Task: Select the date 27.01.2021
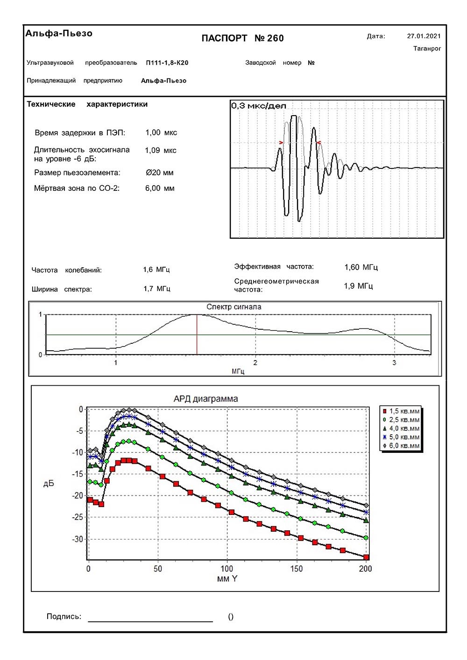click(x=424, y=36)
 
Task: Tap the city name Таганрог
click(x=427, y=49)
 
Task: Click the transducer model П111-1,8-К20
click(x=167, y=63)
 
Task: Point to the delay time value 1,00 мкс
click(x=161, y=132)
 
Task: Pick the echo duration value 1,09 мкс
click(x=161, y=150)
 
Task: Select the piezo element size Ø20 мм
click(x=160, y=173)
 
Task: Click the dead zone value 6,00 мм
click(x=160, y=188)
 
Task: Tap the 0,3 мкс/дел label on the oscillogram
click(x=258, y=106)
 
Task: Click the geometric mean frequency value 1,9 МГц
click(x=358, y=286)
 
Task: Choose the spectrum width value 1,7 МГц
click(x=157, y=289)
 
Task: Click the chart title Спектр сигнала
click(x=234, y=307)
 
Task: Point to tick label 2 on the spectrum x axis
click(x=255, y=362)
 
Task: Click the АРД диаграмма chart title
click(x=205, y=399)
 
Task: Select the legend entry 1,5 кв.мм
click(x=404, y=411)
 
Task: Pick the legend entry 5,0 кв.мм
click(x=404, y=437)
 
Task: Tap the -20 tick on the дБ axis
click(x=77, y=496)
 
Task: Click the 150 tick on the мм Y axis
click(x=296, y=569)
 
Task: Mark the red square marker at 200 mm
click(x=367, y=557)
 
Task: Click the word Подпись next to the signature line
click(x=64, y=617)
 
